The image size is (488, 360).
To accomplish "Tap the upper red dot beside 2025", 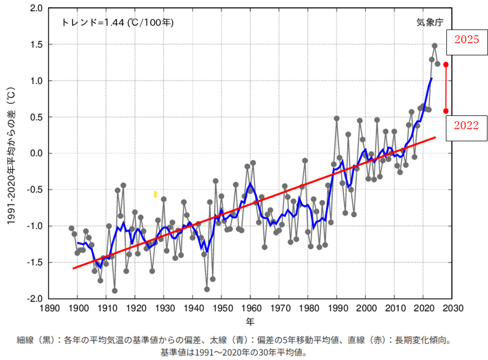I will (x=446, y=65).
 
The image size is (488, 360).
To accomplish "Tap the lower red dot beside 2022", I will (x=446, y=111).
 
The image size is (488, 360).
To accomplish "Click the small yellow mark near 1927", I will (x=155, y=194).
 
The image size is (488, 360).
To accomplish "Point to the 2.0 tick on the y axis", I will (x=36, y=8).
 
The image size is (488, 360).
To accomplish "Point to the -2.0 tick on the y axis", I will (x=35, y=299).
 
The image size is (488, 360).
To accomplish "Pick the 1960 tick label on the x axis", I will (x=250, y=308).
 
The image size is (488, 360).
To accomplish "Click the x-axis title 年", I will (x=251, y=320).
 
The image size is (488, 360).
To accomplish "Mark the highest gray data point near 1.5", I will (x=435, y=46).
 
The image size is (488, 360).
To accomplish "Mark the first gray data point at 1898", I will (x=72, y=228).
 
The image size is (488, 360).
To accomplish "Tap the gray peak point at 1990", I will (x=337, y=119).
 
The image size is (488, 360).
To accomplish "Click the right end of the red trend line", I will (x=435, y=137).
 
